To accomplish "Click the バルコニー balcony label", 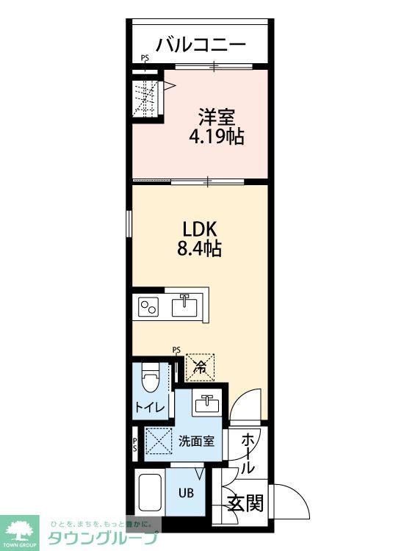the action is (201, 45).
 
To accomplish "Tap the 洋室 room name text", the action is (217, 117).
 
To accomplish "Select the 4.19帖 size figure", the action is (217, 137).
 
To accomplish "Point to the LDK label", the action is (200, 229).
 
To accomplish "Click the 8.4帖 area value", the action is (199, 248).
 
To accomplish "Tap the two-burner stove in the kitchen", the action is (148, 307).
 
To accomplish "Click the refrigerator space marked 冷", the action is (200, 367).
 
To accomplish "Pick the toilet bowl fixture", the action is (150, 378).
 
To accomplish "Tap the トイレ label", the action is (150, 408).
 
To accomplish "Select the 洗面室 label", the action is (196, 441).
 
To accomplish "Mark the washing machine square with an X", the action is (159, 441).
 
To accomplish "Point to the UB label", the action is (186, 493).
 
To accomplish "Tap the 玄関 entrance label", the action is (245, 503).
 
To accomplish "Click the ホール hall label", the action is (248, 453).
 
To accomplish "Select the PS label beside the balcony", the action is (145, 58).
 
